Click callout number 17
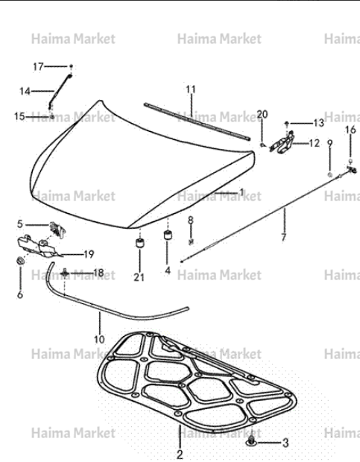click(38, 67)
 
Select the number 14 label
click(25, 92)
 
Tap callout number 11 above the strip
click(191, 89)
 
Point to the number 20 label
click(262, 114)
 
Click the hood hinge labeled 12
click(282, 143)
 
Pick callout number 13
click(318, 123)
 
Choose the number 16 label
click(350, 130)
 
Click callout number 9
click(329, 144)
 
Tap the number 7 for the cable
click(284, 237)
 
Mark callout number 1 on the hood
click(242, 192)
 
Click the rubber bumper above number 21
click(139, 243)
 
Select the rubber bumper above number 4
click(168, 235)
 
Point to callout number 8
click(191, 220)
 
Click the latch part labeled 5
click(57, 230)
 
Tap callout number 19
click(89, 254)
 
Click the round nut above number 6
click(20, 261)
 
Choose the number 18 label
click(98, 273)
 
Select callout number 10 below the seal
click(99, 340)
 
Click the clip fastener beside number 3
click(251, 441)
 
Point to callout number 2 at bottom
click(180, 454)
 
